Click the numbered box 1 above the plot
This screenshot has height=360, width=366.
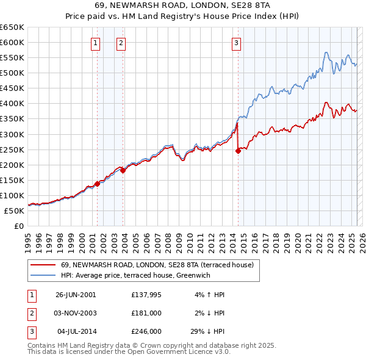click(96, 43)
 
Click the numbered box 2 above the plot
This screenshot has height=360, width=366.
click(121, 43)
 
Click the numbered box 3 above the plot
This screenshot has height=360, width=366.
click(236, 43)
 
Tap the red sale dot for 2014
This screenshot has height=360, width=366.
click(238, 151)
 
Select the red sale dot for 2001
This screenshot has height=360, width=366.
click(97, 184)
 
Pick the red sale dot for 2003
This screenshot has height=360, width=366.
click(123, 171)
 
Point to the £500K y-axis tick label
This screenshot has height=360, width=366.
click(12, 73)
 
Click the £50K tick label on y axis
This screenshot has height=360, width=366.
click(14, 211)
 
